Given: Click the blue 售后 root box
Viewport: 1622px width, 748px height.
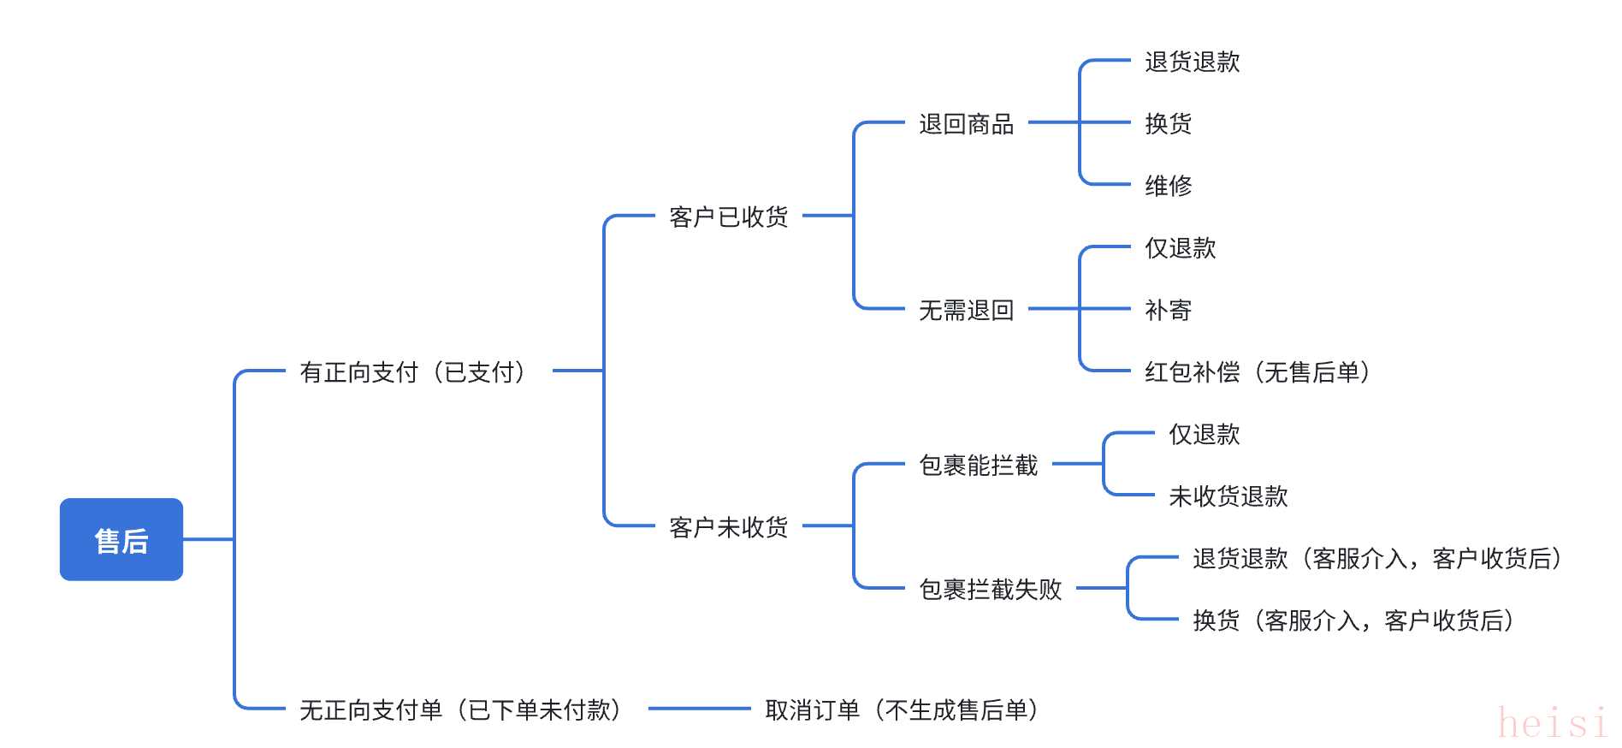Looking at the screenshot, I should coord(121,539).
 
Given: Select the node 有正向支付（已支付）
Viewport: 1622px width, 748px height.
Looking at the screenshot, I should coord(414,372).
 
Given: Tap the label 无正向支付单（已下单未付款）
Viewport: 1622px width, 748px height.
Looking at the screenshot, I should coord(462,709).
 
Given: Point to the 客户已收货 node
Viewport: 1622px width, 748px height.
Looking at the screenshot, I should coord(728,217).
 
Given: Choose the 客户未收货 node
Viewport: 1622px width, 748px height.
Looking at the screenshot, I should coord(728,527).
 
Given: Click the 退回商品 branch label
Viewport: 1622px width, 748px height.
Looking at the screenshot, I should coord(966,124).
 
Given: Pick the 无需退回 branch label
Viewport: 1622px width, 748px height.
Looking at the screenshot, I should coord(966,310).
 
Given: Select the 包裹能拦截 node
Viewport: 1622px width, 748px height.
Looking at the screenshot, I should coord(978,465).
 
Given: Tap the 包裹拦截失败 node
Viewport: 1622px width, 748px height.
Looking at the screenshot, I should coord(990,589).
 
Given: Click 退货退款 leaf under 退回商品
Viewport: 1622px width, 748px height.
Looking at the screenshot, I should coord(1192,62).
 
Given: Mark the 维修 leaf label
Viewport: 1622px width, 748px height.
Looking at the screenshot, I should coord(1168,185).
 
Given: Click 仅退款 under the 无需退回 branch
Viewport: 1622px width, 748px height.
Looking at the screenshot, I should coord(1180,248).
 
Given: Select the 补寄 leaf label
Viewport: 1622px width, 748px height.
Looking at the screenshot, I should coord(1168,310).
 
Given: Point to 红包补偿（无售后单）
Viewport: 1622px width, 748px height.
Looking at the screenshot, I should coord(1258,372).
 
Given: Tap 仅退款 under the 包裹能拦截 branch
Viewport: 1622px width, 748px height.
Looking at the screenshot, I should coord(1204,434).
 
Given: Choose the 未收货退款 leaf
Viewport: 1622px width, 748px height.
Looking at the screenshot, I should coord(1228,496).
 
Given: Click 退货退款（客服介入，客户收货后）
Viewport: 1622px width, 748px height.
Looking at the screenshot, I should coord(1378,558).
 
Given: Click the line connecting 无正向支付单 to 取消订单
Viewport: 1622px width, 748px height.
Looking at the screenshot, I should coord(699,709).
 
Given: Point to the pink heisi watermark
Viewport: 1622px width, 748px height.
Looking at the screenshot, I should coord(1553,723).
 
